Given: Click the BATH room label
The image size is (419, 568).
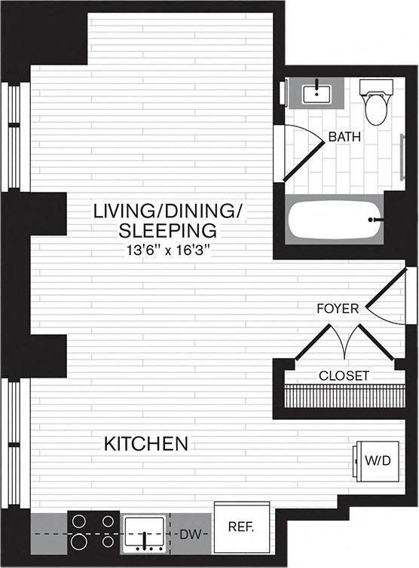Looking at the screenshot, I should pyautogui.click(x=344, y=138).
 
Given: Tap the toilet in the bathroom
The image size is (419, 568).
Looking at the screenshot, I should pyautogui.click(x=375, y=105).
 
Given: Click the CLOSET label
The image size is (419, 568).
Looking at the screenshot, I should pyautogui.click(x=344, y=375).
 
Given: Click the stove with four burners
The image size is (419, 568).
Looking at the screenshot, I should pyautogui.click(x=93, y=530).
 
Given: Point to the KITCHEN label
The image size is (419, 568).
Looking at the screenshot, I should pyautogui.click(x=146, y=444).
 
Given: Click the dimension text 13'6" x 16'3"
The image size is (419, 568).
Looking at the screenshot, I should pyautogui.click(x=166, y=248).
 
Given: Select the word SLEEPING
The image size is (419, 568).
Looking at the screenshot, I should pyautogui.click(x=167, y=229).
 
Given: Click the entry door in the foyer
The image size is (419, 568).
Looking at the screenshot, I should pyautogui.click(x=389, y=294).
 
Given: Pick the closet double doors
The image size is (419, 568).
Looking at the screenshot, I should pyautogui.click(x=344, y=343).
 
